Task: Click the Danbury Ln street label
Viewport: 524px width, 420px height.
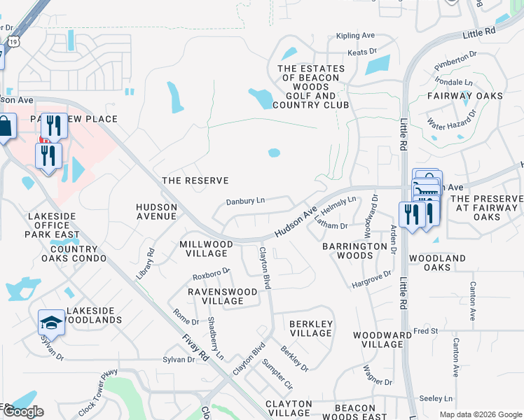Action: pos(245,201)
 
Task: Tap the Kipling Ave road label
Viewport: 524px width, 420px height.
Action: pos(356,35)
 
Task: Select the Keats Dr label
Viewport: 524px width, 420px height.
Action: pos(362,52)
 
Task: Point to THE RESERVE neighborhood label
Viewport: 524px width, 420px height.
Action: pos(195,181)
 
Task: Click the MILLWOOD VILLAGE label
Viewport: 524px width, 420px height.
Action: pos(206,248)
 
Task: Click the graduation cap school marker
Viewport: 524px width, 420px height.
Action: pos(51,323)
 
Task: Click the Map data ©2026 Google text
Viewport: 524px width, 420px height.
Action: pos(480,414)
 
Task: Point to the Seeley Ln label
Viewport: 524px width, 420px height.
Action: pos(438,398)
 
